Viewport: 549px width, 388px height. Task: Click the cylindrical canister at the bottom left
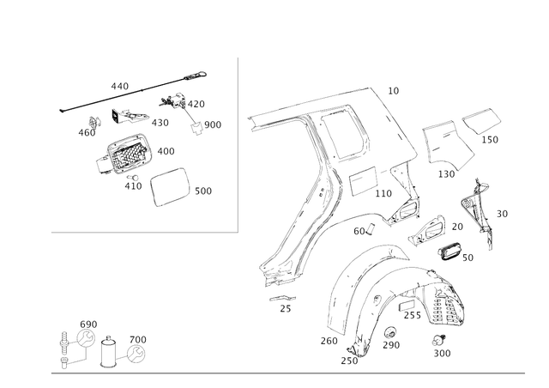click(109, 353)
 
